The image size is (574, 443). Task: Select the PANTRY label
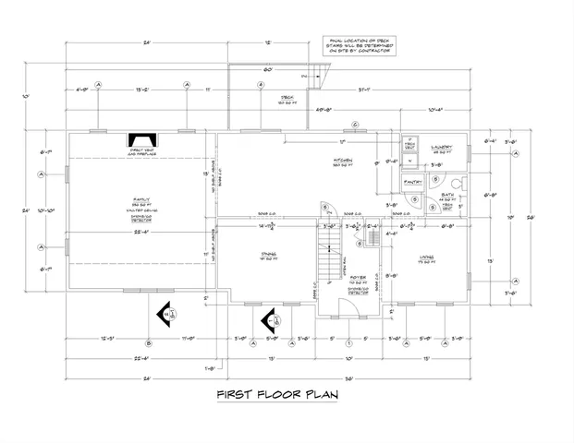click(413, 183)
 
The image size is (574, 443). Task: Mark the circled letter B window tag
click(149, 343)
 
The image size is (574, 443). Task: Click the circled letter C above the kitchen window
click(355, 125)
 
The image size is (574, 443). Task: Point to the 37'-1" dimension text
click(380, 90)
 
